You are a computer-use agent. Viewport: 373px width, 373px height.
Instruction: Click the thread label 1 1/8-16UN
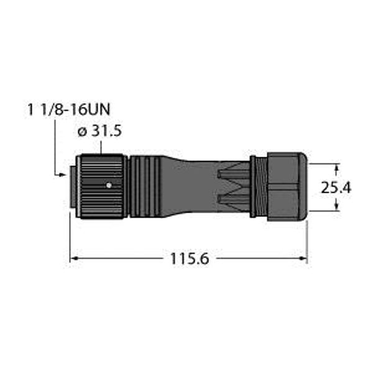click(68, 110)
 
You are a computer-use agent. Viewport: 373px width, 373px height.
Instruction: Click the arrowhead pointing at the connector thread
click(62, 176)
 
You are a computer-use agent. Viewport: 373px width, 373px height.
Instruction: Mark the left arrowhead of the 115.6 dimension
click(73, 258)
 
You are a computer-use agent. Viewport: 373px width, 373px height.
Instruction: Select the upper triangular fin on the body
click(233, 173)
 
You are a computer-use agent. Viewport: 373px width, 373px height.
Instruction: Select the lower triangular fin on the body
click(233, 198)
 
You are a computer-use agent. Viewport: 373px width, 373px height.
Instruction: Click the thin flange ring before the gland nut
click(255, 185)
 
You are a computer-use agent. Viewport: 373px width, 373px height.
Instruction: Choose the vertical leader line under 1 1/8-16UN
click(55, 149)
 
